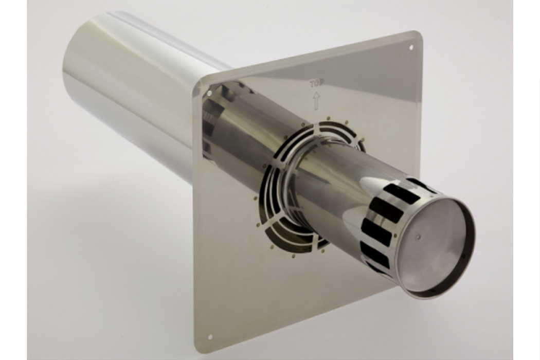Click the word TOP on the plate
[x=317, y=84]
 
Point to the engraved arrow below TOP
[x=316, y=100]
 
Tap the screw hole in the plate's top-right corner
[x=411, y=48]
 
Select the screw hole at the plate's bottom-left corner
[x=210, y=337]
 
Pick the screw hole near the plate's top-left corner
[x=209, y=93]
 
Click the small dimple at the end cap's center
[x=418, y=238]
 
